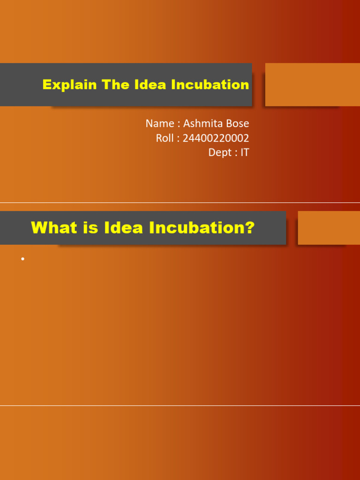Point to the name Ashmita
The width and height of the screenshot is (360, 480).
click(202, 124)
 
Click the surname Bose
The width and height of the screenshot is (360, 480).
click(237, 124)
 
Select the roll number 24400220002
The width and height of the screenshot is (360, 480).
click(216, 139)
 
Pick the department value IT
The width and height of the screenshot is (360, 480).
click(245, 153)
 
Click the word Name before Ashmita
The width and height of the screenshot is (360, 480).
click(159, 124)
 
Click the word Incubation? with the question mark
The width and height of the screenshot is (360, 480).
click(202, 228)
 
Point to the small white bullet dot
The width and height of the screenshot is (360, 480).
click(22, 259)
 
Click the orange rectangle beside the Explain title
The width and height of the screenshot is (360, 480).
click(313, 85)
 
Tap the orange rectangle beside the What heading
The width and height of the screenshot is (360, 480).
click(329, 228)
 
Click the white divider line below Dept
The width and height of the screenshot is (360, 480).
click(180, 203)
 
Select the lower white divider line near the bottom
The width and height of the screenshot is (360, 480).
click(180, 406)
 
